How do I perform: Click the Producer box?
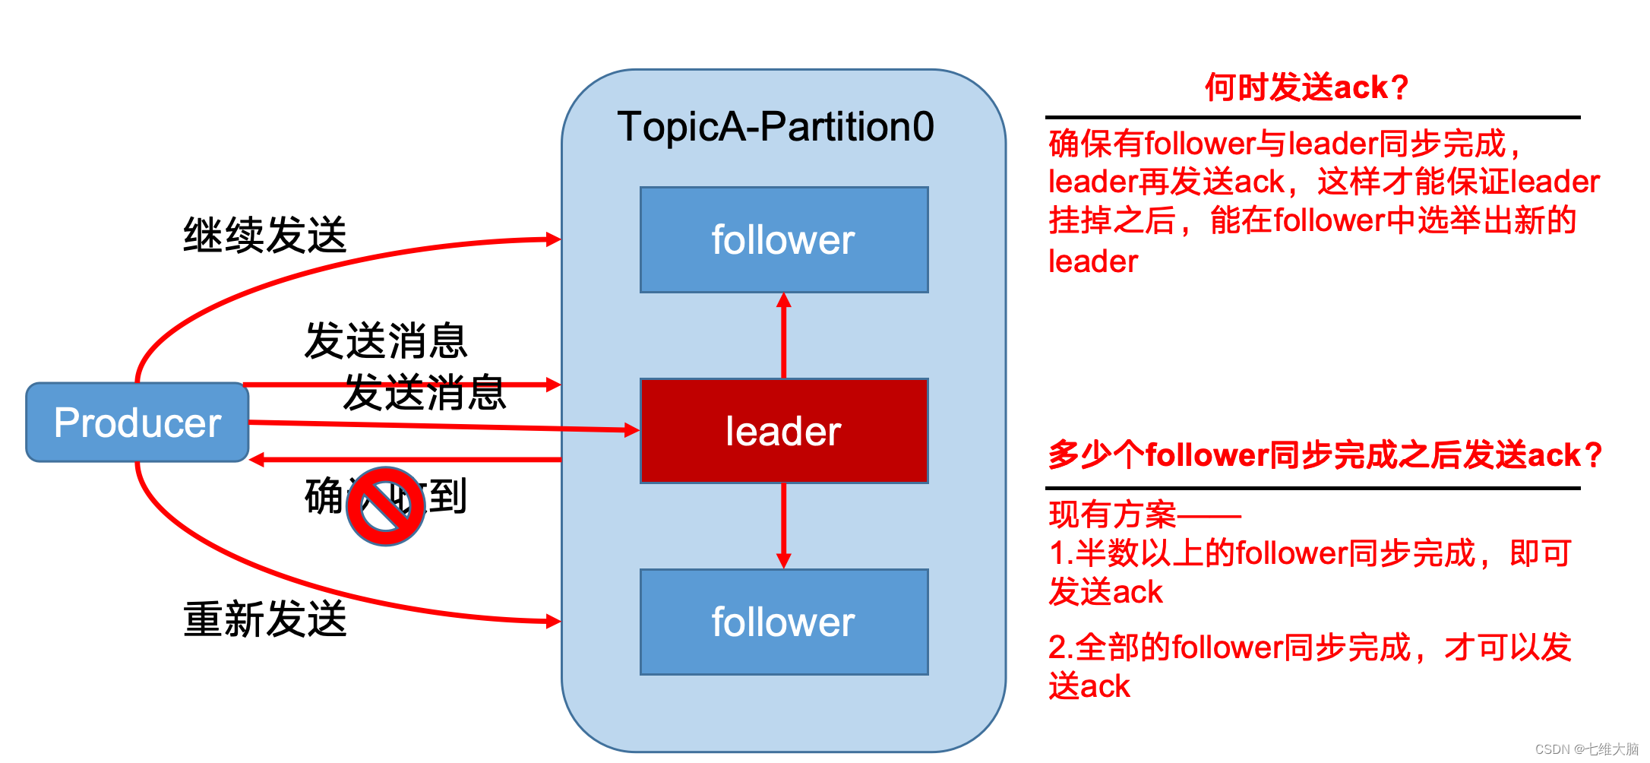point(137,423)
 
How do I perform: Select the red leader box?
point(783,431)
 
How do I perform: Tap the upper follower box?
point(783,240)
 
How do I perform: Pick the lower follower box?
point(783,622)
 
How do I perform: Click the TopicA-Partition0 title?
point(776,127)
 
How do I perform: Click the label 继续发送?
point(265,235)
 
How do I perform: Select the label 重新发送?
point(265,619)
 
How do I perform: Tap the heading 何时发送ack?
point(1307,87)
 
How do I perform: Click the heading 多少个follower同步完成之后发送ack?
point(1325,455)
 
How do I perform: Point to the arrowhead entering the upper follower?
point(784,300)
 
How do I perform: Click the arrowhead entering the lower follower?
point(784,561)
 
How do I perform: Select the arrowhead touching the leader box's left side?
point(631,430)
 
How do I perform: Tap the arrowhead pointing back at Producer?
point(258,460)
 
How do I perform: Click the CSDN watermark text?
point(1587,749)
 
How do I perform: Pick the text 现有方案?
point(1112,515)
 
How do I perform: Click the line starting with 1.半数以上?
point(1310,553)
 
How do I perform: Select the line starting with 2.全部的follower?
point(1310,647)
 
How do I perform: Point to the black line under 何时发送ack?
point(1312,118)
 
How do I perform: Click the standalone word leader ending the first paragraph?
point(1092,261)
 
